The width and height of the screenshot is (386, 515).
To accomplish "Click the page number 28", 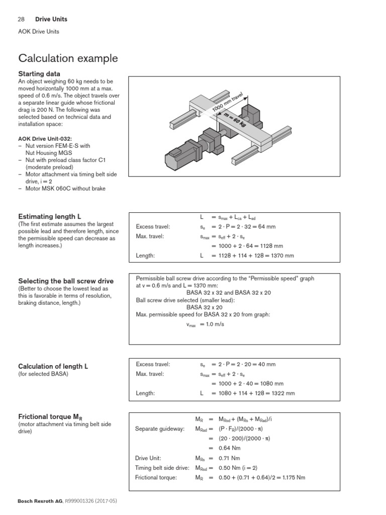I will pyautogui.click(x=21, y=19).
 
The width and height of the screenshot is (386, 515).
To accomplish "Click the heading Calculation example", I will pyautogui.click(x=68, y=58).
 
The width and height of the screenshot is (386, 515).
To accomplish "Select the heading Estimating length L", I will pyautogui.click(x=49, y=216).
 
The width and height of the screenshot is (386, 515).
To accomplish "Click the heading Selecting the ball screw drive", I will pyautogui.click(x=65, y=281).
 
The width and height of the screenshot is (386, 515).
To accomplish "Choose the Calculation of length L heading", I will pyautogui.click(x=53, y=366).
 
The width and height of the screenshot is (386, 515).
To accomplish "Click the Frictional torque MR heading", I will pyautogui.click(x=50, y=416).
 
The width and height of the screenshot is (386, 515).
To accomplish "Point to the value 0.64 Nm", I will pyautogui.click(x=230, y=448).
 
